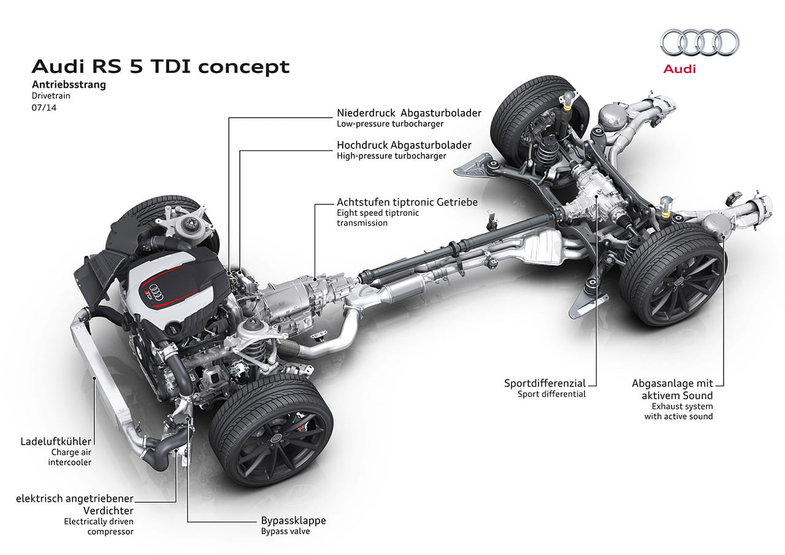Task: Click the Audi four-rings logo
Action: [700, 43]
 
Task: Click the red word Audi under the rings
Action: [679, 69]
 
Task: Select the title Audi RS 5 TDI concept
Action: [160, 66]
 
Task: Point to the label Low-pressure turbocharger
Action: [389, 124]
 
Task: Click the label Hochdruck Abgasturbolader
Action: [404, 145]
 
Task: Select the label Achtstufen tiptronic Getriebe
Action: [407, 202]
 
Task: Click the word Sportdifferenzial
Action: [545, 383]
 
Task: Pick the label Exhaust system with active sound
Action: [678, 411]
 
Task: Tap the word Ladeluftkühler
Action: [56, 441]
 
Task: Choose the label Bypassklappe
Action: [293, 521]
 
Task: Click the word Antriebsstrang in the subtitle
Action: [69, 85]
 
